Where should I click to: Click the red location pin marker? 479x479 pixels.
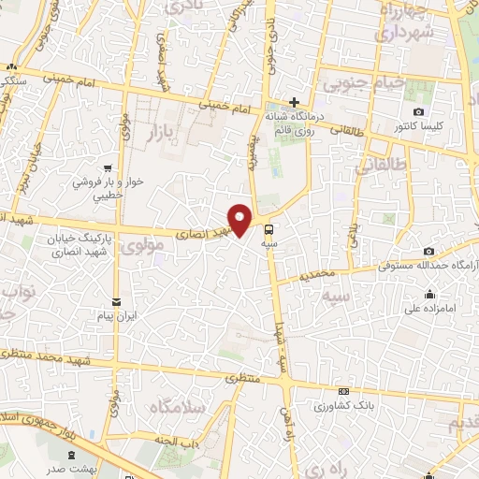240,220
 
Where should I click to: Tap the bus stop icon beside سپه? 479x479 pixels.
269,229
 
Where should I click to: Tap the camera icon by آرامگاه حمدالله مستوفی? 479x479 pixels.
428,251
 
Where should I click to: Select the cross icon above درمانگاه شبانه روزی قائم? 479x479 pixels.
295,102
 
